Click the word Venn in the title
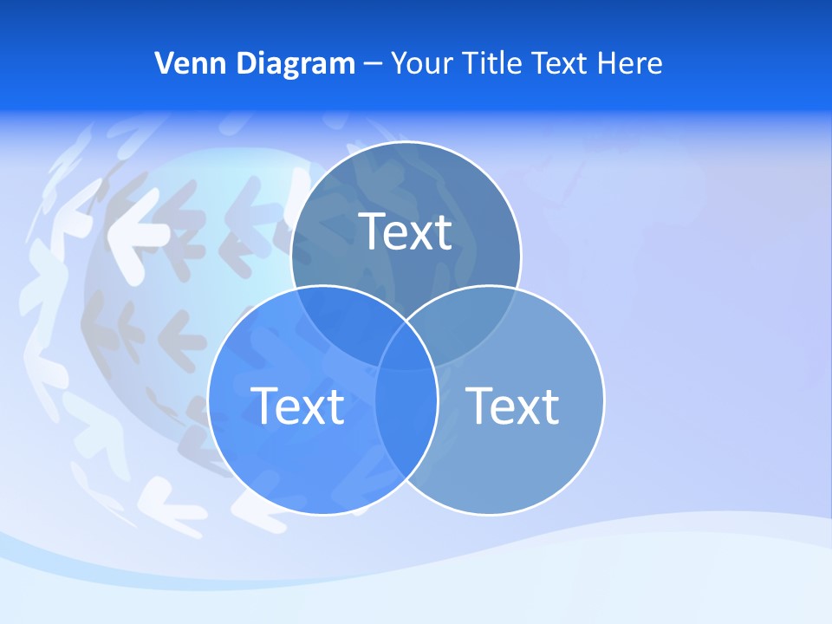coord(185,63)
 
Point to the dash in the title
coord(373,64)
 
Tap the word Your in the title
coord(419,63)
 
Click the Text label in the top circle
coord(406,231)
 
